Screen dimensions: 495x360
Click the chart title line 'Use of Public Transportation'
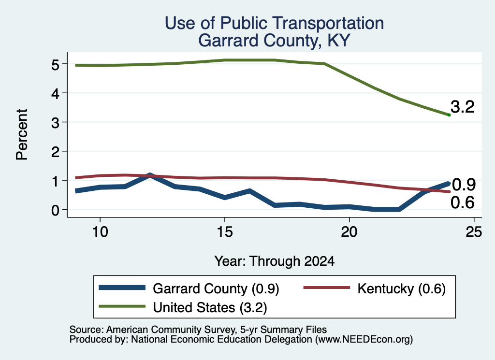tap(275, 23)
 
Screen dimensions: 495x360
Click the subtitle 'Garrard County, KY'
tap(275, 41)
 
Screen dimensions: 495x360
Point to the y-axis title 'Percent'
tap(22, 134)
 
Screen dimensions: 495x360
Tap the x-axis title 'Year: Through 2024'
tap(275, 261)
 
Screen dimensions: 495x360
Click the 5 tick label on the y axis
tap(55, 65)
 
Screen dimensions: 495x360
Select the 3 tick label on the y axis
tap(55, 123)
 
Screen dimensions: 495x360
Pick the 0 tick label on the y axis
tap(55, 210)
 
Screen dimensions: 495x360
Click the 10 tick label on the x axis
tap(100, 232)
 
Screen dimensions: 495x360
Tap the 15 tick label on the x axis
tap(225, 232)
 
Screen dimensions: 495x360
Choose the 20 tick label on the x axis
tap(349, 232)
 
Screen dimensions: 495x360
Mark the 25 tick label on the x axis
tap(474, 232)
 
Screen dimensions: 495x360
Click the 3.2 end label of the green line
tap(463, 107)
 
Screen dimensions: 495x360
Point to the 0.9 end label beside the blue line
tap(464, 185)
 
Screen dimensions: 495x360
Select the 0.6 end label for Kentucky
tap(463, 202)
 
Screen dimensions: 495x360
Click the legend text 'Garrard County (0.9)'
tap(216, 288)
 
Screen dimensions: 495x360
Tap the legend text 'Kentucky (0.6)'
tap(401, 288)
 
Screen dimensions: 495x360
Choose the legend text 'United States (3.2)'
tap(210, 308)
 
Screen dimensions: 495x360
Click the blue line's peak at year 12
tap(150, 175)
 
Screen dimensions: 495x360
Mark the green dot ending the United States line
tap(449, 115)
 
